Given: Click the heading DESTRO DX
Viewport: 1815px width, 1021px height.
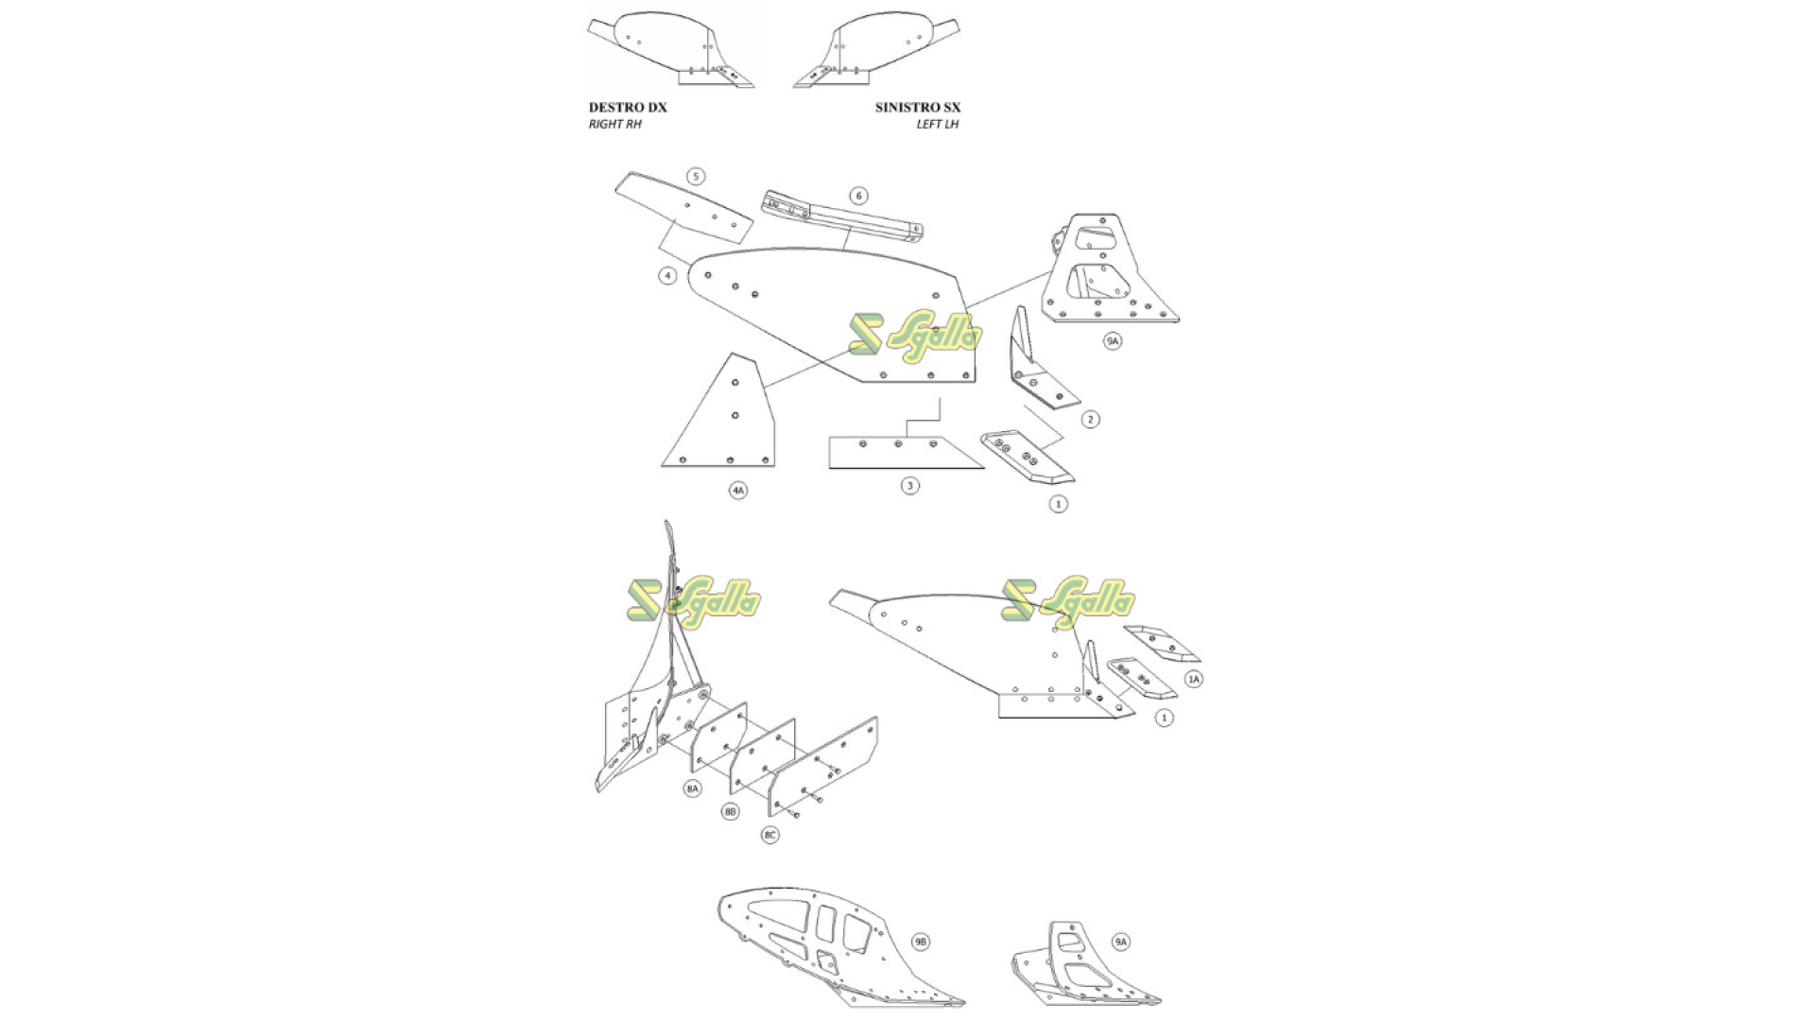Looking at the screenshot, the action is [628, 107].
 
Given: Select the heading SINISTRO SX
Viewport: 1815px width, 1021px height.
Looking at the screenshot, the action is [918, 107].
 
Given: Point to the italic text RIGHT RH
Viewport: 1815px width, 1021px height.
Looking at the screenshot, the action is [614, 124].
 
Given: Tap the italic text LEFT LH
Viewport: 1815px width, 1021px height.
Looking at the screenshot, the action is [938, 124].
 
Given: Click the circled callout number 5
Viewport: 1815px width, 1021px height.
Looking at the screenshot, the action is [696, 177].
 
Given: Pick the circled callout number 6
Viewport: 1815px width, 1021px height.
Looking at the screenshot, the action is [858, 196].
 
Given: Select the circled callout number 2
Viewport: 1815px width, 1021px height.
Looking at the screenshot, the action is [1090, 419].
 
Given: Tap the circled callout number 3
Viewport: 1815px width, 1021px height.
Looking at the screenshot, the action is [909, 486].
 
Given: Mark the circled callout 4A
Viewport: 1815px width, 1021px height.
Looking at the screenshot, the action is [738, 491].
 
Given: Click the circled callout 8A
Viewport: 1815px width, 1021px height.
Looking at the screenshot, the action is [693, 788].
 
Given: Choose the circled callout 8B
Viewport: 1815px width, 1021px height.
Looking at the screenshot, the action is [731, 812].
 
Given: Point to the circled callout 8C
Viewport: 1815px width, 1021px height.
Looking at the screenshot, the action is [770, 835].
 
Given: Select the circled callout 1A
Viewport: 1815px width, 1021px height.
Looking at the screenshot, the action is [1194, 679].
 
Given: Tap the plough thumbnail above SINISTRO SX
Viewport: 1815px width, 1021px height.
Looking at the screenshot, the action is [878, 52].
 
